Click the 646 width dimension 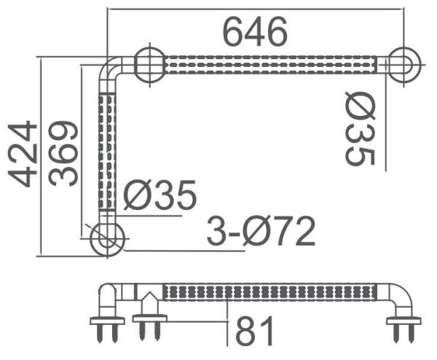point(255,31)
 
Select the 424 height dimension point(22,154)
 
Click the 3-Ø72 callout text point(261,232)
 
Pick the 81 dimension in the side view point(255,332)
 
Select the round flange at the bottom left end point(106,238)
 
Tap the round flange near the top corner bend point(149,65)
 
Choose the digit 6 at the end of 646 point(275,31)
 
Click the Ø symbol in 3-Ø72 point(257,232)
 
